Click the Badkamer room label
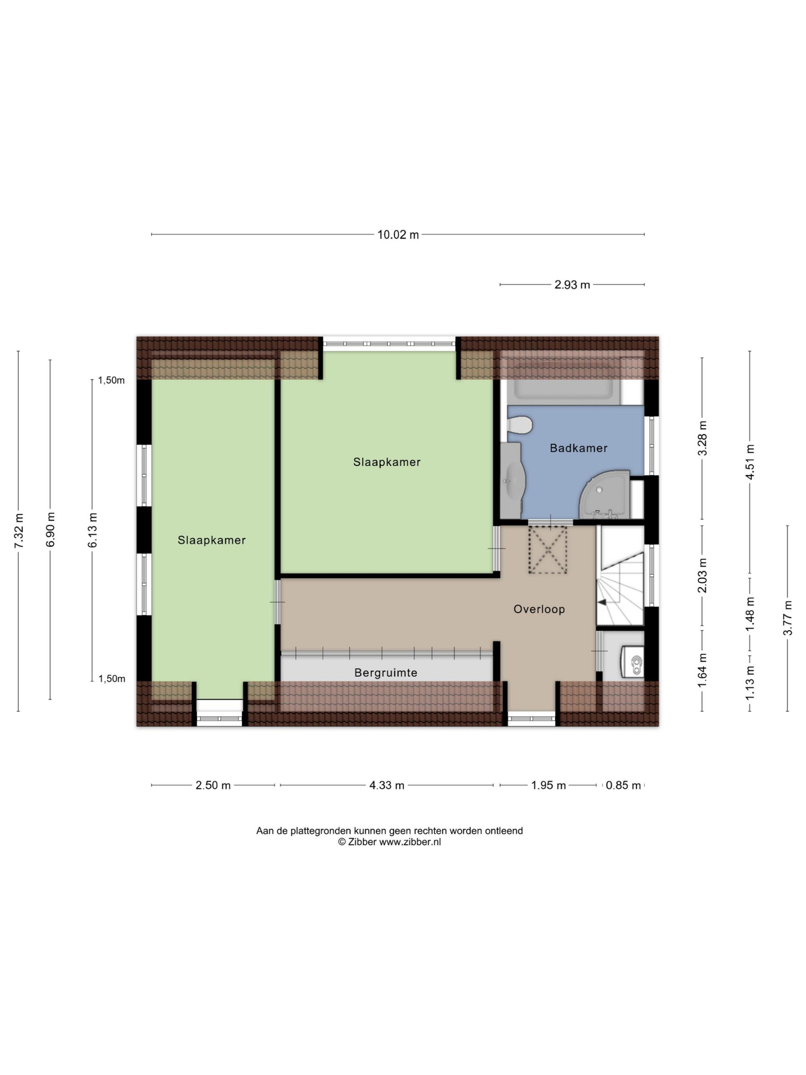(x=578, y=448)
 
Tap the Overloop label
(x=539, y=609)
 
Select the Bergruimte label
(x=386, y=673)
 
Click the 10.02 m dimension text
(x=398, y=235)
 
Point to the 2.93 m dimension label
(x=572, y=285)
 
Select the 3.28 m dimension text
(x=702, y=438)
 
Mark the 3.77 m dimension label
(x=788, y=618)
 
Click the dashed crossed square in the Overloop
(x=548, y=549)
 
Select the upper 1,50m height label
(x=111, y=380)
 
